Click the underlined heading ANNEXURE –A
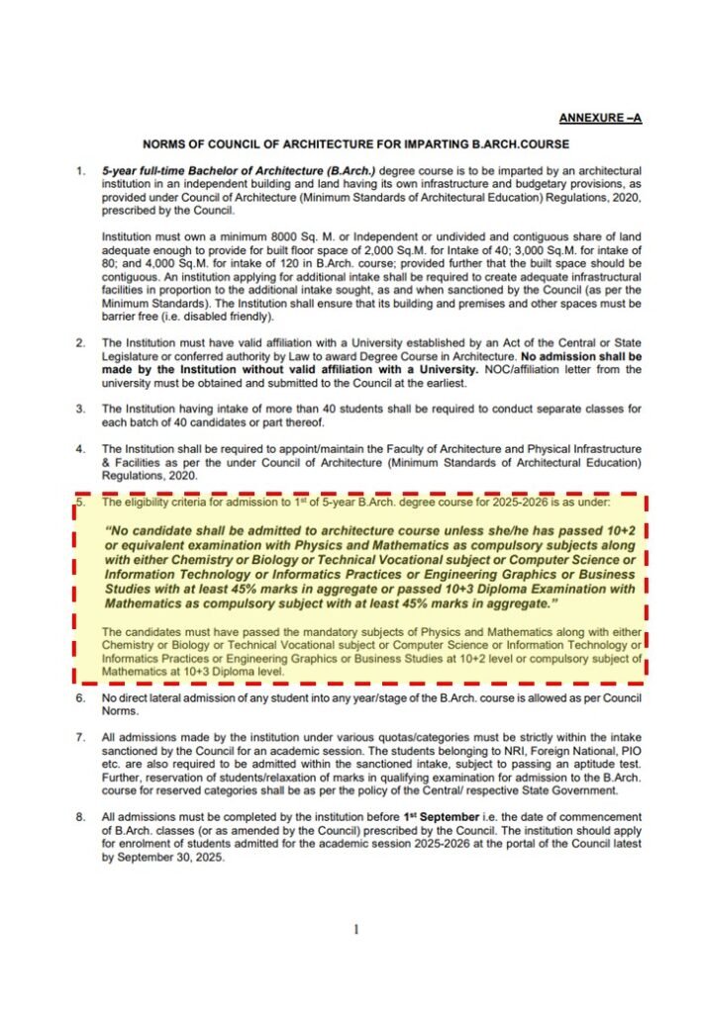[600, 119]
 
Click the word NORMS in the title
[163, 144]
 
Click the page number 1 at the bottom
[354, 929]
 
